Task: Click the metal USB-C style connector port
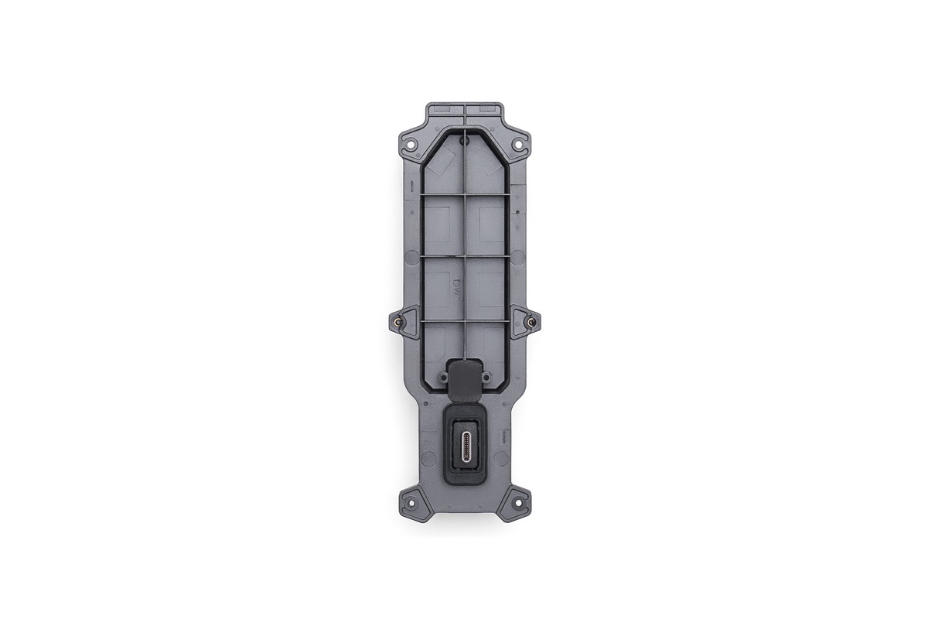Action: (466, 447)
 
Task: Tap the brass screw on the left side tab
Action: (397, 321)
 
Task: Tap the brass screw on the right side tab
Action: (531, 321)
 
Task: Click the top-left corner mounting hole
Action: (411, 144)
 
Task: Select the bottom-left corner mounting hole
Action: (410, 504)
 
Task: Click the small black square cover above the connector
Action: (465, 378)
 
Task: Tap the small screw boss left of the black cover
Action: (444, 377)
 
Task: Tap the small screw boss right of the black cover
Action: (486, 377)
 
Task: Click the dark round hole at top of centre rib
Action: (463, 142)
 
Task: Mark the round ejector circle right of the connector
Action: (501, 458)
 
